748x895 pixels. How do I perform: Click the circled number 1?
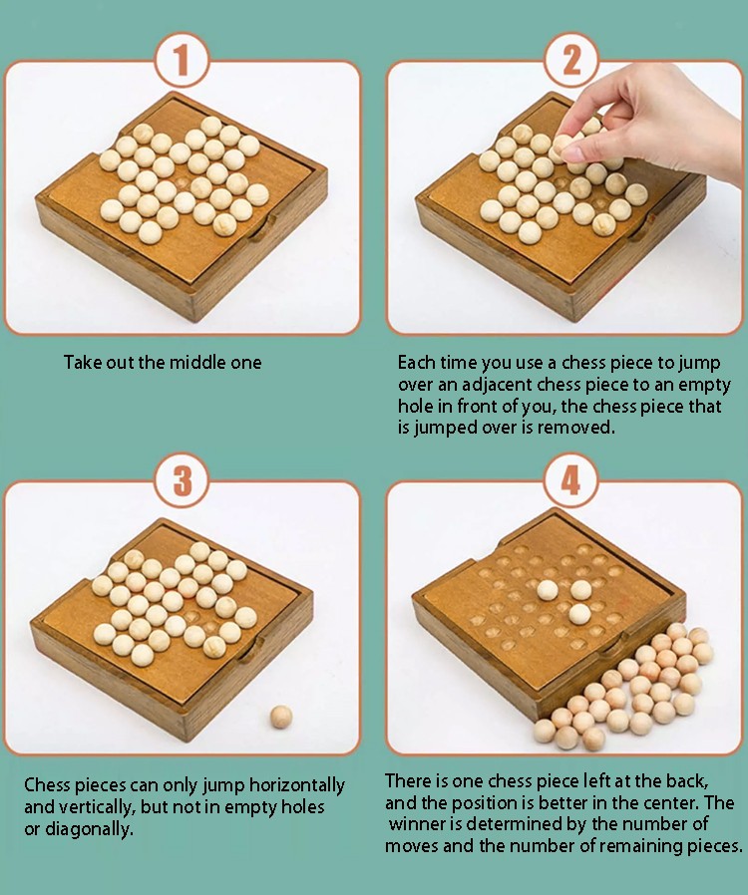[182, 60]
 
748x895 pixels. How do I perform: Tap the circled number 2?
[571, 60]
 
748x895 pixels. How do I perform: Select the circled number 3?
[183, 480]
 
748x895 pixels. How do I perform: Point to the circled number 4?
[571, 480]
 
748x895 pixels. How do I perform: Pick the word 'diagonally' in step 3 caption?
[89, 829]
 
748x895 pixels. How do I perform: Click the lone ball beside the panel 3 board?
[281, 717]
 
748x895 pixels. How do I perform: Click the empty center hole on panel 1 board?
[184, 183]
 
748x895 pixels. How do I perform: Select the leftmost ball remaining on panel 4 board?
[548, 591]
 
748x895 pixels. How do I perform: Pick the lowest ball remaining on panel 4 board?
[579, 615]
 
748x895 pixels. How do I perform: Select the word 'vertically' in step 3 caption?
[96, 807]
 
